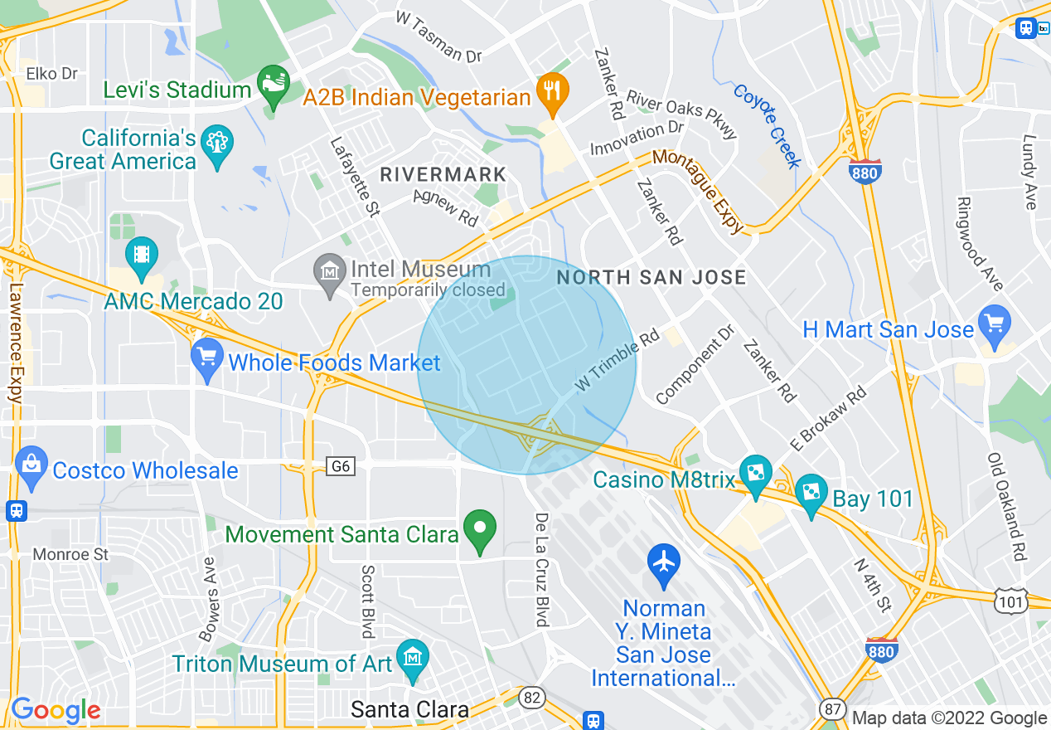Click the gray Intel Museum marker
(x=330, y=271)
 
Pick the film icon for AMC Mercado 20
(x=142, y=253)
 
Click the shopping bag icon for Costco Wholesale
(x=31, y=465)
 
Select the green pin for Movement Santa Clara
(x=479, y=528)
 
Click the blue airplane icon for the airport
(x=664, y=562)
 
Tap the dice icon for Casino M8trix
(x=755, y=474)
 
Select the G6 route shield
(x=341, y=467)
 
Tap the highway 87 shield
(x=833, y=709)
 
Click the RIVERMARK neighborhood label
(x=443, y=175)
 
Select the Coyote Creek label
(x=767, y=126)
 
